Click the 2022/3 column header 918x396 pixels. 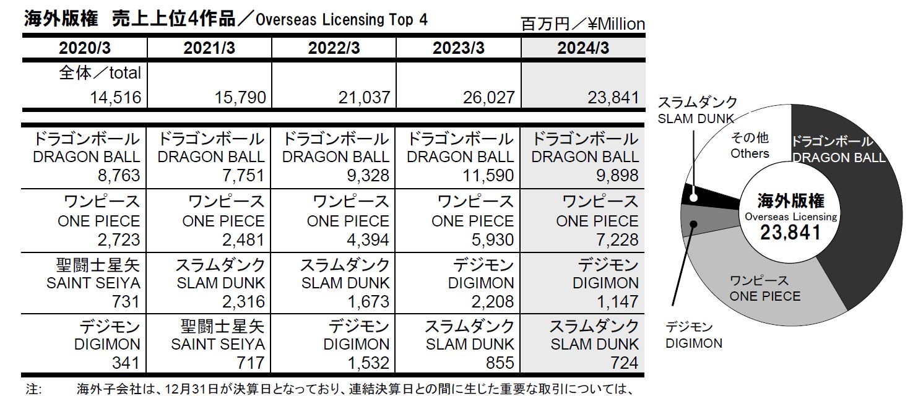[334, 48]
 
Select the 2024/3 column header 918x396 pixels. [582, 48]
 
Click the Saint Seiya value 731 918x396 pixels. [126, 301]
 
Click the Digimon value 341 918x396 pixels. [126, 363]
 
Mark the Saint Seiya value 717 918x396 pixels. [250, 363]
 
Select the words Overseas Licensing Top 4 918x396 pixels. [341, 20]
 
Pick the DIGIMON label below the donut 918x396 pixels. [694, 343]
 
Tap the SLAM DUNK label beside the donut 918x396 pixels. [695, 118]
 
